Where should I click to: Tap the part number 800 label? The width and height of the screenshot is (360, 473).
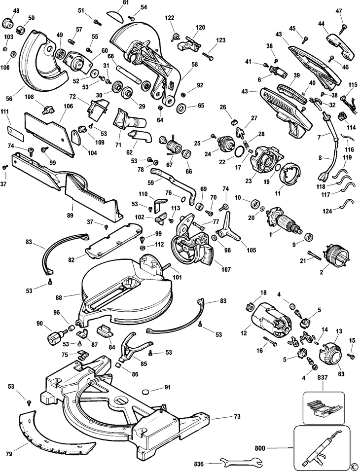pyautogui.click(x=259, y=448)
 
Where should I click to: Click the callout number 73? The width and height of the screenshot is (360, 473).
pyautogui.click(x=237, y=417)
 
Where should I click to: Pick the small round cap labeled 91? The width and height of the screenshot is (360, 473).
pyautogui.click(x=146, y=392)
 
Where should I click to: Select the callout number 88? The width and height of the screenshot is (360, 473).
pyautogui.click(x=59, y=297)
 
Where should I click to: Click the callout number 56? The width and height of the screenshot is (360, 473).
pyautogui.click(x=9, y=99)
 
